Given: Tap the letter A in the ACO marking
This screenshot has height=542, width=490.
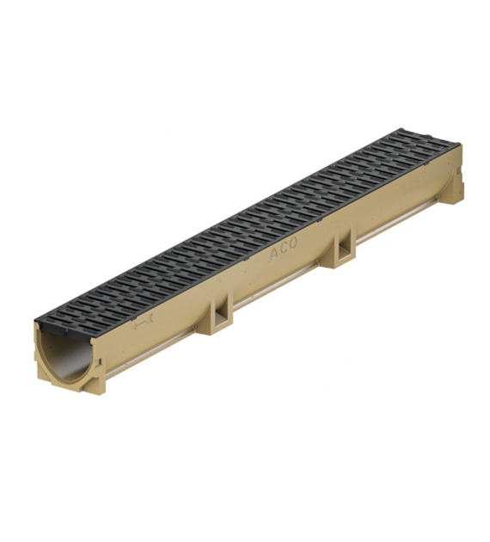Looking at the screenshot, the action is (274, 255).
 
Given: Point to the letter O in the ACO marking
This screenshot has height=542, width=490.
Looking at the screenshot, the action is (293, 243).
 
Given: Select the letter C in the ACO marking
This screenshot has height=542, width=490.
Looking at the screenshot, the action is (284, 249).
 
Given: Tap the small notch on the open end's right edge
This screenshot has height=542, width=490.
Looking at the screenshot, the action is (100, 361).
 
